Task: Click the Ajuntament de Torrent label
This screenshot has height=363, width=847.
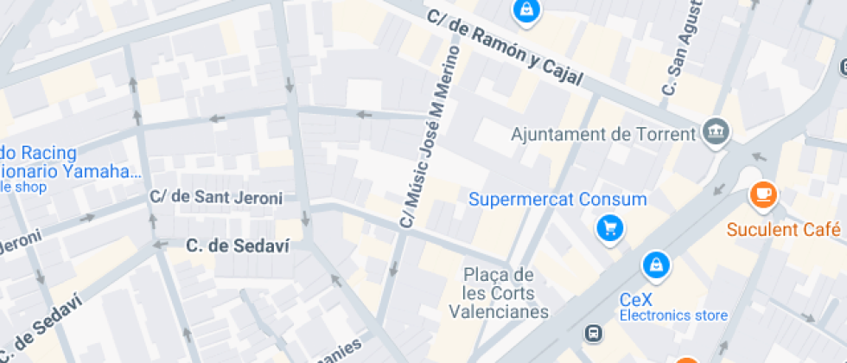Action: click(603, 134)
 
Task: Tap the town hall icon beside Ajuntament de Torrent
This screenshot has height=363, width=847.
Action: click(716, 132)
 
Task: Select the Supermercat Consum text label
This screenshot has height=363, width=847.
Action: click(557, 200)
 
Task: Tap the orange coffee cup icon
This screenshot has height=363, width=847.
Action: click(762, 194)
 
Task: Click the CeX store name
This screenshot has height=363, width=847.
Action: click(640, 299)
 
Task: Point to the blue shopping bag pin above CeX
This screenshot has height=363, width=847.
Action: click(657, 264)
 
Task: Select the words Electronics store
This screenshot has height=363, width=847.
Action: click(673, 315)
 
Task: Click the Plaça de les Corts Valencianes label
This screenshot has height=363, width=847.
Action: click(499, 293)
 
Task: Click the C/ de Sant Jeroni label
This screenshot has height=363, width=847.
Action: click(216, 198)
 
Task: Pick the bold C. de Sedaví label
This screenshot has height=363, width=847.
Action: click(238, 245)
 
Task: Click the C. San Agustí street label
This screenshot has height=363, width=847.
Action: click(681, 52)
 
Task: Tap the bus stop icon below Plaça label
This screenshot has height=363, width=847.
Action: click(594, 333)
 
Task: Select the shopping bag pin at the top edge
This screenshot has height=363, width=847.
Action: click(525, 10)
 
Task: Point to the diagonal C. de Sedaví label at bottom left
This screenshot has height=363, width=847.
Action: click(43, 330)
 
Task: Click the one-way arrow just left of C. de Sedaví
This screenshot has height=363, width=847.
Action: click(159, 245)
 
